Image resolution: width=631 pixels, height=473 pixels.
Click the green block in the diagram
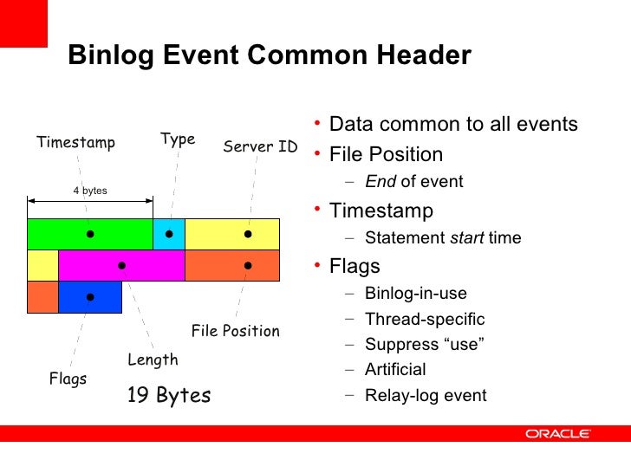(x=89, y=234)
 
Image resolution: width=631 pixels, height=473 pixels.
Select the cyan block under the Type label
(x=169, y=234)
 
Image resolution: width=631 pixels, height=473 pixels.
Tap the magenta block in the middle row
(x=121, y=265)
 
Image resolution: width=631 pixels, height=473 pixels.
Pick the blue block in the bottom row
(x=90, y=296)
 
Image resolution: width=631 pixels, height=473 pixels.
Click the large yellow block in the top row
(x=232, y=234)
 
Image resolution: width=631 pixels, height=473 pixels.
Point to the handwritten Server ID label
(x=260, y=146)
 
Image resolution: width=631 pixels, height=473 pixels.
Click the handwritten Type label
(x=178, y=139)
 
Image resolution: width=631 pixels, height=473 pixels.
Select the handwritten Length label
(x=153, y=360)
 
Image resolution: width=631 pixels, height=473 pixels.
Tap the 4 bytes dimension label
(x=90, y=190)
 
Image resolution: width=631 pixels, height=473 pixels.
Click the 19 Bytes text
(x=169, y=396)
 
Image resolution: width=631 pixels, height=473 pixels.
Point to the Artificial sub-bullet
(x=395, y=370)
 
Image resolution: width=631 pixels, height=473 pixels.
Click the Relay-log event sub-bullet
(x=426, y=396)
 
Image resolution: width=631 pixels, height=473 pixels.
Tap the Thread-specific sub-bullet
(x=425, y=320)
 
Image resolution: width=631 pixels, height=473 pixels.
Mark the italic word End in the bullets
(x=380, y=182)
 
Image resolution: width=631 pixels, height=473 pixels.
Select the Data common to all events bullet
(x=453, y=125)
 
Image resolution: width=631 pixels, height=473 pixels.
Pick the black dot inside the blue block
(x=90, y=296)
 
